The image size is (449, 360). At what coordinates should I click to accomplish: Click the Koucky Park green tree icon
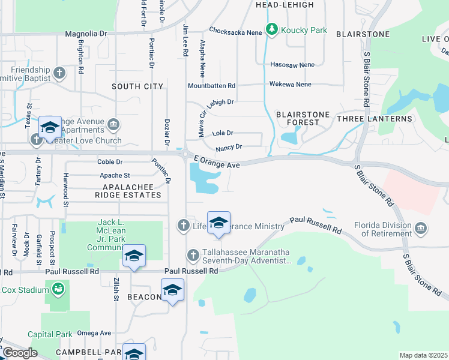(272, 29)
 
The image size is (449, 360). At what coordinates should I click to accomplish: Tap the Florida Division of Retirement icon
(421, 229)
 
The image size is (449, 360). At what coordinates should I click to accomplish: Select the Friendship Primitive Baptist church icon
(59, 73)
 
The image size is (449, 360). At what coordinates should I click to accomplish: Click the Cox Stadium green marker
(58, 290)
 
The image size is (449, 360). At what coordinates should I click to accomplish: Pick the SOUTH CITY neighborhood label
(137, 86)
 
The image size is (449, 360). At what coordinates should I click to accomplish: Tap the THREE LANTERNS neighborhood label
(375, 119)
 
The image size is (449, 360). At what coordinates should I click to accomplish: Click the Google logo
(20, 353)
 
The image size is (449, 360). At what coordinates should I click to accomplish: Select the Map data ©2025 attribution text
(423, 355)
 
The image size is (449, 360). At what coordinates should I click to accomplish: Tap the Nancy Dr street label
(229, 147)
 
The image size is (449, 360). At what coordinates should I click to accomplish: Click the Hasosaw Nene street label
(292, 64)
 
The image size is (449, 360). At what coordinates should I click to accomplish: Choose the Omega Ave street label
(94, 333)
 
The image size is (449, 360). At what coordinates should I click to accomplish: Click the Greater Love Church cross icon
(36, 140)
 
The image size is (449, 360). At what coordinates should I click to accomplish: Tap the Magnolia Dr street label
(85, 34)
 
